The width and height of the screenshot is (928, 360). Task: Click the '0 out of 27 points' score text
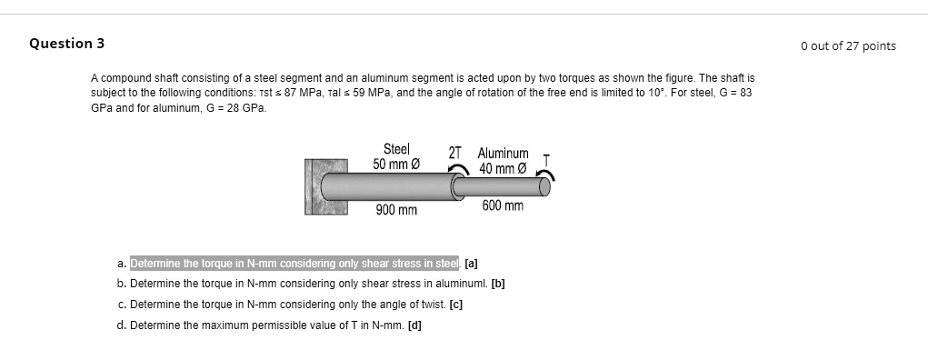click(848, 45)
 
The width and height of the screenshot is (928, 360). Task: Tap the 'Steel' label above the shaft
click(396, 149)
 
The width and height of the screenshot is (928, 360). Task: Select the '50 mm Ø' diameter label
click(396, 164)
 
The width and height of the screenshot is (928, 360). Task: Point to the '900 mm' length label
click(396, 211)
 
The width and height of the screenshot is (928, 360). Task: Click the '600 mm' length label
click(503, 206)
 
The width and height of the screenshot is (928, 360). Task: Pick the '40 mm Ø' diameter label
click(503, 168)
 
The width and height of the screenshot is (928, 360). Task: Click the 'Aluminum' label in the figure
click(503, 155)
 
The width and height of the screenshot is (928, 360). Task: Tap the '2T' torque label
click(455, 153)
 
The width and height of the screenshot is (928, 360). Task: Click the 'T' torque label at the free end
click(545, 160)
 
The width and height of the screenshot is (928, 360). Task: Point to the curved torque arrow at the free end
click(548, 175)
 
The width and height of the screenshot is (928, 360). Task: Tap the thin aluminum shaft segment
click(500, 187)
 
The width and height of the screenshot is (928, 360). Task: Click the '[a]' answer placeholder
click(471, 265)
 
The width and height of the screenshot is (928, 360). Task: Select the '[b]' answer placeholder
click(498, 284)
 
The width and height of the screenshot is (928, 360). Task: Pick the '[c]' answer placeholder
click(455, 305)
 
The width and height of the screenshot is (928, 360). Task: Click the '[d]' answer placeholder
click(414, 325)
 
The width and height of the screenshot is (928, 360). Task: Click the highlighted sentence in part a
click(295, 265)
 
